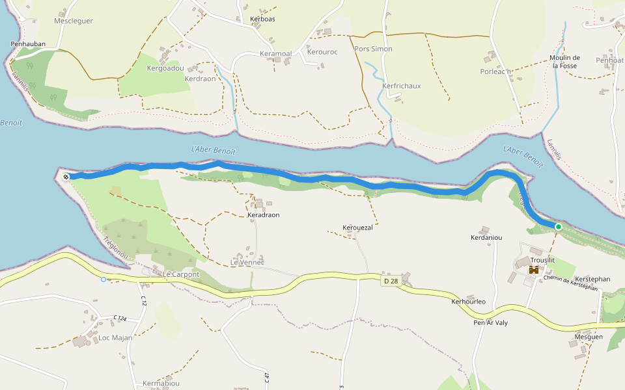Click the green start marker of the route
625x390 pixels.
(x=559, y=226)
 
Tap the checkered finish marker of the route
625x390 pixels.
(x=66, y=176)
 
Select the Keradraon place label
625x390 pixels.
(x=263, y=215)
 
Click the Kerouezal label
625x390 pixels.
(x=357, y=227)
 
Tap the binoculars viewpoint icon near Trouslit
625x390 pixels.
(x=534, y=269)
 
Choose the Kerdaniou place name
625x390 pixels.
(x=486, y=238)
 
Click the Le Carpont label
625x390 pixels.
(x=181, y=275)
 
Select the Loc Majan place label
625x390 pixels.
(x=115, y=338)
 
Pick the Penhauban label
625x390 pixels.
(x=28, y=44)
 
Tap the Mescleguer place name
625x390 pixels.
(x=74, y=21)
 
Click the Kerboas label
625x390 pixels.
(x=262, y=19)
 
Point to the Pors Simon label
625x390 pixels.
(x=373, y=49)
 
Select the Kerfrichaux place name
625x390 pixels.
(x=402, y=86)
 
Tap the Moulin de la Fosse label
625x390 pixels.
(x=564, y=62)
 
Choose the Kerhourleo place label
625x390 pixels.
(x=468, y=302)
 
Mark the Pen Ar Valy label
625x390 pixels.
(x=490, y=323)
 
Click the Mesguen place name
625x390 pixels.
(x=589, y=337)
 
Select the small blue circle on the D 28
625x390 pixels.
(x=104, y=279)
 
